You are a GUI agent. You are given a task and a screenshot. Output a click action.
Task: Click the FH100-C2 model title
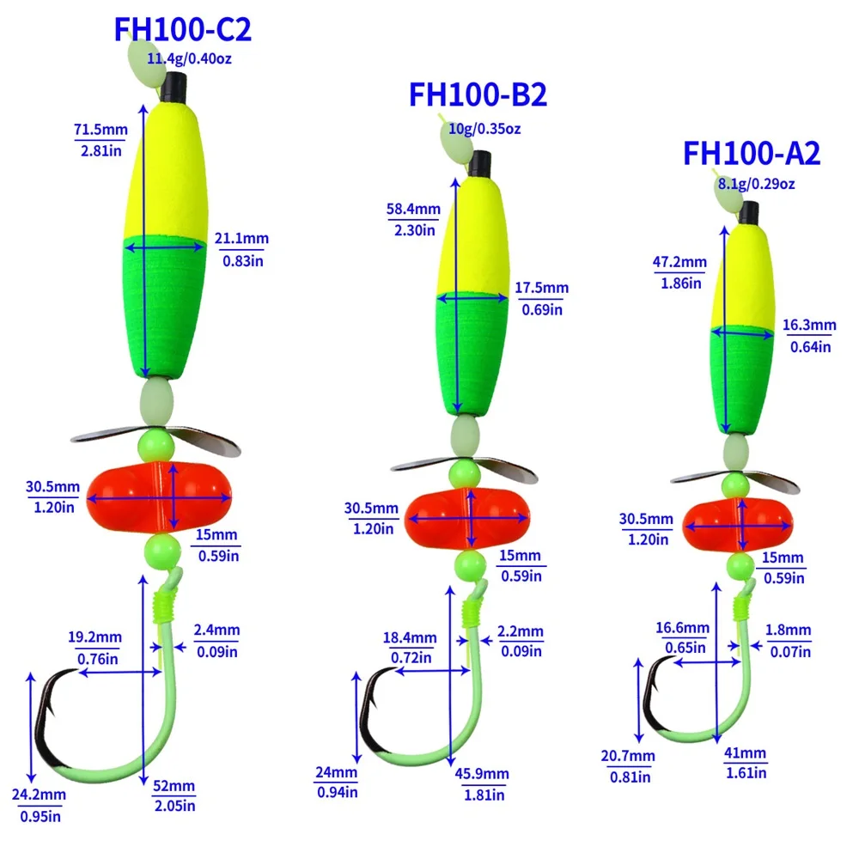point(182,30)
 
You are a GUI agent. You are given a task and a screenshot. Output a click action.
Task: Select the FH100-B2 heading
point(478,94)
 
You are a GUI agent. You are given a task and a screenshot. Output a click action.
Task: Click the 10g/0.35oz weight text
point(484,129)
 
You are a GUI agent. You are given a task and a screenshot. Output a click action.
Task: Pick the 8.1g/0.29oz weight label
point(757,183)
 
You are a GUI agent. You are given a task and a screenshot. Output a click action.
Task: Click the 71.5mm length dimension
point(101,131)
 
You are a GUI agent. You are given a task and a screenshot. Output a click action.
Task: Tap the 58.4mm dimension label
point(413,209)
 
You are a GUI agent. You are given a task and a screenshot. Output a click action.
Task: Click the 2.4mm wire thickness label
point(216,631)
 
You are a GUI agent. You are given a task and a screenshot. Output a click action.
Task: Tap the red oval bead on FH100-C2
point(159,497)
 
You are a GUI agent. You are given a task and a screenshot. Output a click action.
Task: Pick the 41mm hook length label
point(743,753)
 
